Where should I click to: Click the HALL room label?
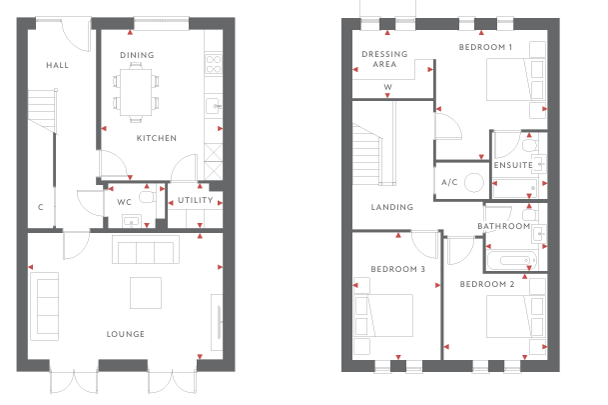pyautogui.click(x=57, y=65)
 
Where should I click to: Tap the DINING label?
pyautogui.click(x=137, y=55)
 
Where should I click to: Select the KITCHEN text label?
pyautogui.click(x=157, y=138)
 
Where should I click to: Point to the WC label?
pyautogui.click(x=124, y=202)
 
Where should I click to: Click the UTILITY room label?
pyautogui.click(x=196, y=200)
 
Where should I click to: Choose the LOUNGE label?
pyautogui.click(x=126, y=334)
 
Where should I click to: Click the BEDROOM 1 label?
pyautogui.click(x=485, y=47)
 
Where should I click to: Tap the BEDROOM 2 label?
pyautogui.click(x=487, y=284)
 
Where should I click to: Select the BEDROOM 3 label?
pyautogui.click(x=397, y=269)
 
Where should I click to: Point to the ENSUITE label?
pyautogui.click(x=513, y=165)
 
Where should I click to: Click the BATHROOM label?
pyautogui.click(x=504, y=226)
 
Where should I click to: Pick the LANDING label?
pyautogui.click(x=392, y=207)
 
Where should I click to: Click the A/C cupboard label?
pyautogui.click(x=449, y=182)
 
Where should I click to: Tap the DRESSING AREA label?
pyautogui.click(x=384, y=59)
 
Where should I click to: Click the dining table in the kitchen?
pyautogui.click(x=136, y=92)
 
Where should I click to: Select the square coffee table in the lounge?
pyautogui.click(x=146, y=293)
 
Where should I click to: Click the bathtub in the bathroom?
pyautogui.click(x=512, y=261)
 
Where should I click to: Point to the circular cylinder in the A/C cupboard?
pyautogui.click(x=474, y=182)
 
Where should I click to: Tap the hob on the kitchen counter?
pyautogui.click(x=214, y=64)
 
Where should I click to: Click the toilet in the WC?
pyautogui.click(x=147, y=197)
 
